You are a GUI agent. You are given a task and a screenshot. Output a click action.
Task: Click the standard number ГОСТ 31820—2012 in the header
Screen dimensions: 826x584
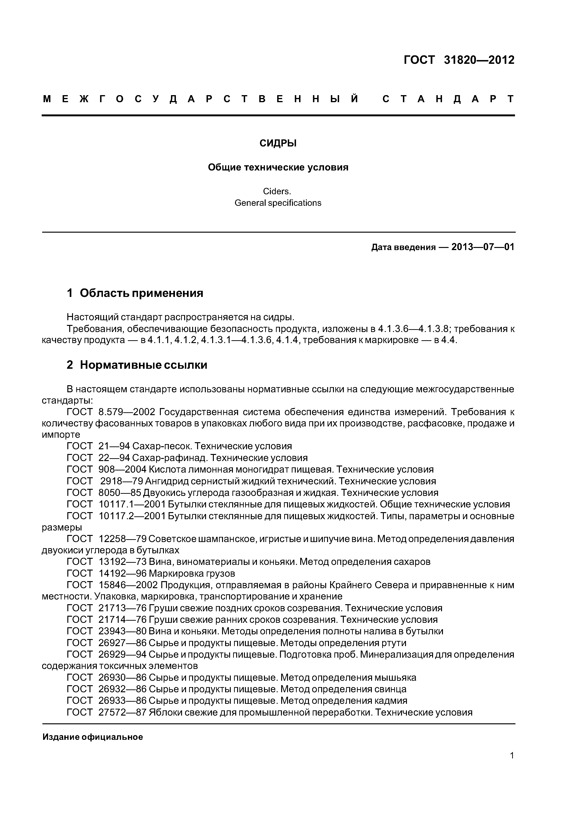[x=459, y=60]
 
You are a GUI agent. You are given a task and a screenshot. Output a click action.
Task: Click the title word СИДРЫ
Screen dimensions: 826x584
[x=278, y=144]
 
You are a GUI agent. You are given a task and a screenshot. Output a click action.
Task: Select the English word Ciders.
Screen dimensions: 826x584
[x=277, y=191]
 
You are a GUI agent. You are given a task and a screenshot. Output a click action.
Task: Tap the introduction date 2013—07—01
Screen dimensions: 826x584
[x=483, y=247]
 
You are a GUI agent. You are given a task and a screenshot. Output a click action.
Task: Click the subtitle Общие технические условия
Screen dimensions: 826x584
[x=278, y=168]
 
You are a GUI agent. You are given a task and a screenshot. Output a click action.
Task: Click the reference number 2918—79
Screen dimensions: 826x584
[x=122, y=481]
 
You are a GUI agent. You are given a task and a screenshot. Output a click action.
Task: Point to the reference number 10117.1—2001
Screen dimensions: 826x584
[x=132, y=504]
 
